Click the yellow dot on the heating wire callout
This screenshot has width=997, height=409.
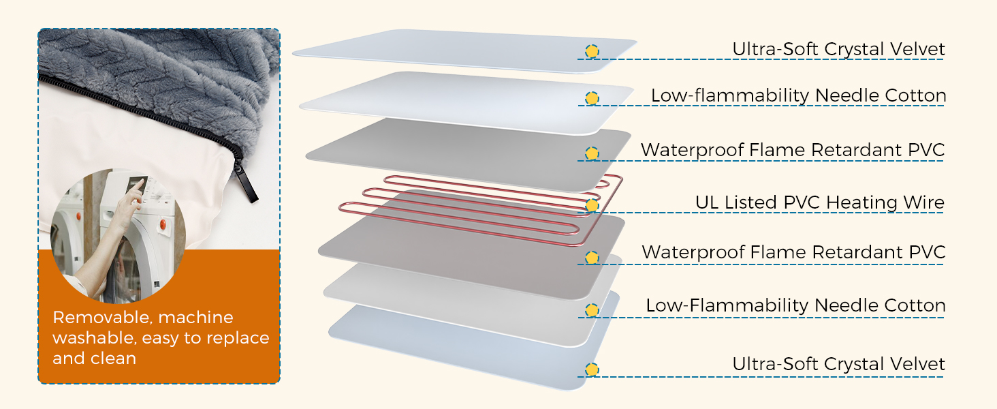(x=592, y=205)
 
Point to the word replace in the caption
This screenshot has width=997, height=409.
(x=239, y=338)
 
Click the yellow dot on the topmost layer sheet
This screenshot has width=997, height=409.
(x=592, y=51)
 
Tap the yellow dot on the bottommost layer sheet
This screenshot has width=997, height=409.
(x=592, y=370)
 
